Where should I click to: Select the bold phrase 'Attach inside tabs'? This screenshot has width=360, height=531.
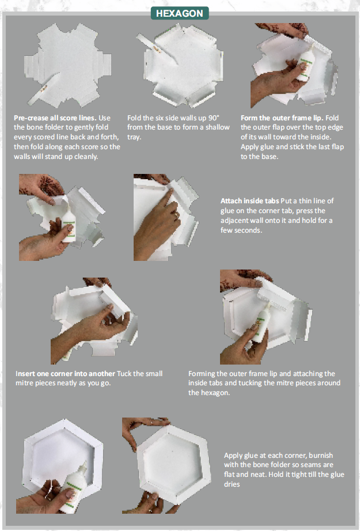coord(249,201)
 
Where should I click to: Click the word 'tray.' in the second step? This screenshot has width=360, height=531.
coord(134,137)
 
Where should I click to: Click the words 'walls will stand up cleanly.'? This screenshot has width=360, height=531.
coord(56,157)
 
